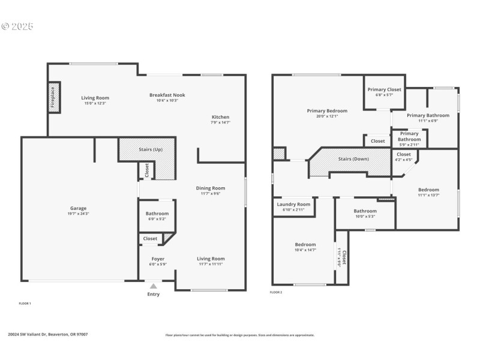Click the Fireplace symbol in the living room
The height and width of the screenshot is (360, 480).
pos(53,97)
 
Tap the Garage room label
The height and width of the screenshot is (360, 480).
pos(78,208)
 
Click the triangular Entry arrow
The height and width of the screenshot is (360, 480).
pos(154,286)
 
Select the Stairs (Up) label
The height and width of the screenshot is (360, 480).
pos(149,149)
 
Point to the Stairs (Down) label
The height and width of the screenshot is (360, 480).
pos(353,159)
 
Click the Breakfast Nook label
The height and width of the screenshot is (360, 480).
pos(167,95)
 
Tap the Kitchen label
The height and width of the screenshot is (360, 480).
pos(220,117)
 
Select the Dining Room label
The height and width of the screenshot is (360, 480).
pos(210,188)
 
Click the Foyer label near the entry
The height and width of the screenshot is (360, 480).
pos(157,259)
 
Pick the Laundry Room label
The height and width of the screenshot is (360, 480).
pos(293,204)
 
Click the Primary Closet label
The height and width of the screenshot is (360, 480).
pos(385,89)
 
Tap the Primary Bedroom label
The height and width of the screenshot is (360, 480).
pos(327,110)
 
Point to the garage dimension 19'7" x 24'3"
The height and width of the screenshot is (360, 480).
pos(78,214)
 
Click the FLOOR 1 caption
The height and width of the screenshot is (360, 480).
pos(25,304)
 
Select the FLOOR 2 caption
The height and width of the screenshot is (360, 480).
pos(276,292)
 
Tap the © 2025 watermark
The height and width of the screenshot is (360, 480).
pos(17,26)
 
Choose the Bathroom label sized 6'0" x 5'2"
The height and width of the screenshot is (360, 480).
pos(157,213)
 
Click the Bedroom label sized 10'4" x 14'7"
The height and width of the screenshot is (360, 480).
pos(305,244)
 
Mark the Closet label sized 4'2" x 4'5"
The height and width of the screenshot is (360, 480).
pos(404,154)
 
